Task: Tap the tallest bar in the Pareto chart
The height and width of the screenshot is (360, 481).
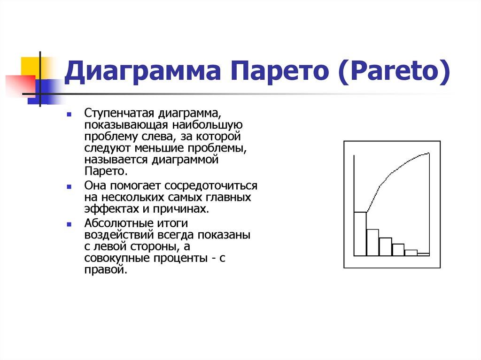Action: pos(360,234)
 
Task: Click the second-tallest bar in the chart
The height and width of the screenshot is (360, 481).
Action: pos(372,242)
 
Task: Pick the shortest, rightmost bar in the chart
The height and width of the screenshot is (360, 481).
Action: pos(423,254)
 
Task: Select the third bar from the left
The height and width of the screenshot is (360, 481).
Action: pos(385,247)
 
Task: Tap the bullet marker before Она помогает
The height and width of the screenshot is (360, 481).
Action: pos(69,186)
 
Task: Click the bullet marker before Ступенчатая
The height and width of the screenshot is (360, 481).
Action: pos(69,115)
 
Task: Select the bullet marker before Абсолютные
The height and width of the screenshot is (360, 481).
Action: pos(69,224)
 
